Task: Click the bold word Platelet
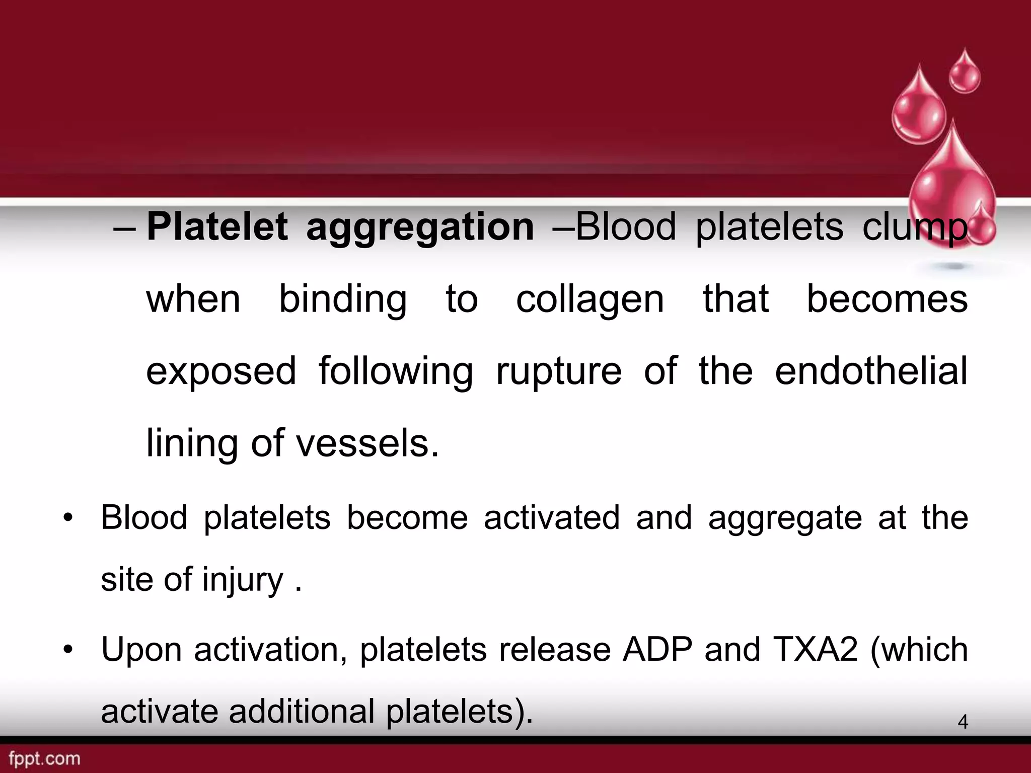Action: tap(217, 227)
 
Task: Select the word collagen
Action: tap(590, 301)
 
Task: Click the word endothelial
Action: tap(871, 371)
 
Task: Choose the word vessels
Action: tap(367, 444)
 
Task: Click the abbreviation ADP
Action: tap(657, 650)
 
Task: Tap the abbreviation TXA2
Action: tap(816, 650)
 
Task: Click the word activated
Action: tap(552, 518)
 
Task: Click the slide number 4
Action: tap(963, 722)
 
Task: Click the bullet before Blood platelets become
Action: tap(68, 518)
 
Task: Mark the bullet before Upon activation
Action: tap(68, 650)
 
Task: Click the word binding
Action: tap(343, 301)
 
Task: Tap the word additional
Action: tap(302, 712)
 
